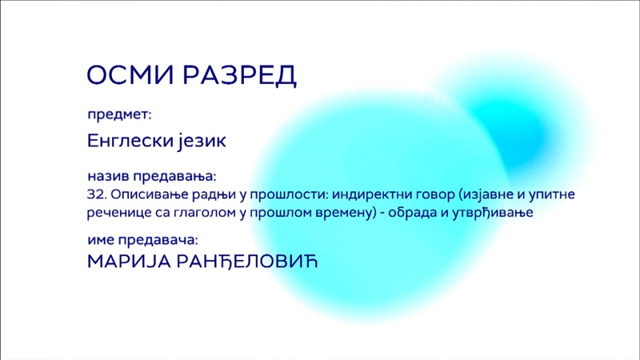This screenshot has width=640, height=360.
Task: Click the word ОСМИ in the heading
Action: coord(130,74)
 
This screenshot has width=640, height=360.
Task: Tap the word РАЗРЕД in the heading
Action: coord(239,75)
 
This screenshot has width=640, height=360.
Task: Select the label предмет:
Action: coord(119,114)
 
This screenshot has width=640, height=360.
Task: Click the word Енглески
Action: coord(128,142)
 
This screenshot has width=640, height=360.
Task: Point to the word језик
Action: coord(202,142)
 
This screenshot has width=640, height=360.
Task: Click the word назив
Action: coord(108,176)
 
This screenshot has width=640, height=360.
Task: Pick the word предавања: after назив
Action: coord(175,177)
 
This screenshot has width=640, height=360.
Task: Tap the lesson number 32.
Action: coord(97,194)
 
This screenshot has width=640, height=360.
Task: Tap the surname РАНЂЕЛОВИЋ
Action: coord(247,262)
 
